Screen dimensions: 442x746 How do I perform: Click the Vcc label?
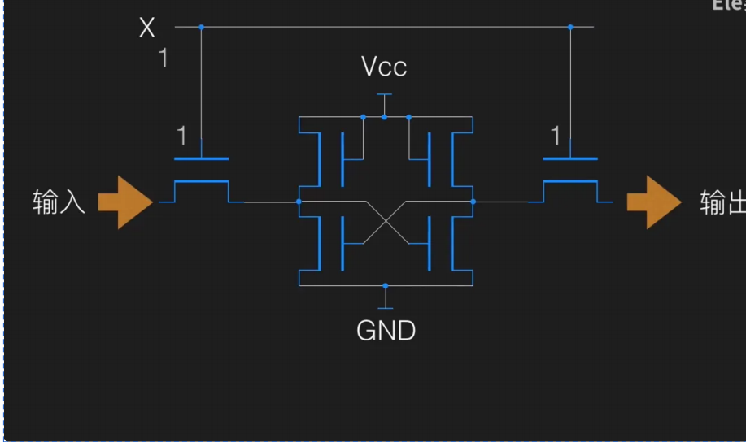point(384,67)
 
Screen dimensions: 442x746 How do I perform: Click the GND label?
point(386,331)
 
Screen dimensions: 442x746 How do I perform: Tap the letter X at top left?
point(146,28)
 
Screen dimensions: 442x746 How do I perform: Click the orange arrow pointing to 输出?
point(653,201)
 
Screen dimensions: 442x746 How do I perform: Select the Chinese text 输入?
point(59,201)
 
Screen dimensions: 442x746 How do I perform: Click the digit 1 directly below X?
point(164,58)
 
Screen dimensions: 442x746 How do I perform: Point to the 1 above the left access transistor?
point(182,135)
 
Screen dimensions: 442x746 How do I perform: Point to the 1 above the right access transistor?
point(556,136)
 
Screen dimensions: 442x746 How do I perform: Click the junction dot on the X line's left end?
point(201,27)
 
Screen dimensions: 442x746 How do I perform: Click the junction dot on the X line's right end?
point(570,27)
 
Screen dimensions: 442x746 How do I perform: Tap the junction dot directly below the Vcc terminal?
point(385,117)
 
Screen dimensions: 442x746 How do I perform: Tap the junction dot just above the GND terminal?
point(386,285)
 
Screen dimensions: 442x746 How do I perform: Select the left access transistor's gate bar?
point(201,159)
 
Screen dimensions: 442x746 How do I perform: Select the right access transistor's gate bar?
point(570,159)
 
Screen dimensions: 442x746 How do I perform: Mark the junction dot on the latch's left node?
point(299,201)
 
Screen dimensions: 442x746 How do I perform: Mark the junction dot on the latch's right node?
point(473,201)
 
